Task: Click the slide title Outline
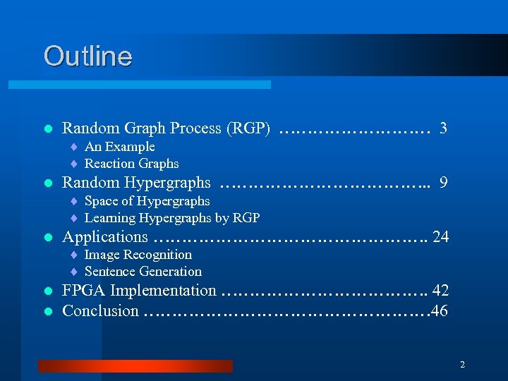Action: tap(87, 56)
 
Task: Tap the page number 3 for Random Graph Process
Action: tap(443, 128)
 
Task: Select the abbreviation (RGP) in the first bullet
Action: tap(248, 128)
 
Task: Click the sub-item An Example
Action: tap(119, 147)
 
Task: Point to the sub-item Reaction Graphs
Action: tap(131, 164)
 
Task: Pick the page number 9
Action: tap(443, 183)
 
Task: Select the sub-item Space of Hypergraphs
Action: tap(147, 201)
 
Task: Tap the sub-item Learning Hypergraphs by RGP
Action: tap(172, 217)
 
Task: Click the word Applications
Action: tap(105, 237)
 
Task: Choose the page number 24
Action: tap(440, 237)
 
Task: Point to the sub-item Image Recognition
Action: tap(138, 255)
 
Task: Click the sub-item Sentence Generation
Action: tap(143, 272)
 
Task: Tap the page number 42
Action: tap(440, 291)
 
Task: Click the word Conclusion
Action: tap(100, 310)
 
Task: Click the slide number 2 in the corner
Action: tap(462, 365)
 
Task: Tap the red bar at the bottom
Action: tap(135, 365)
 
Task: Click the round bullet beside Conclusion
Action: tap(47, 311)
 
